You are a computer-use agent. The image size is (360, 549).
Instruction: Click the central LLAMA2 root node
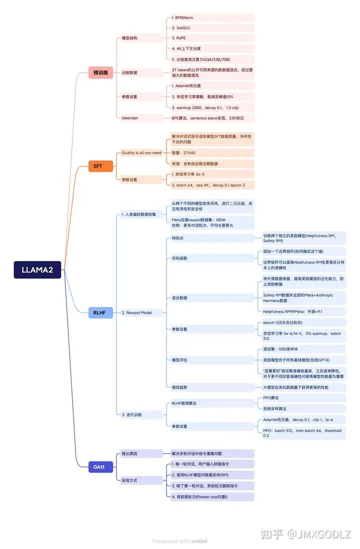[x=37, y=270]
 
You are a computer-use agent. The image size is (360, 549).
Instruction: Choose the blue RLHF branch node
[x=100, y=312]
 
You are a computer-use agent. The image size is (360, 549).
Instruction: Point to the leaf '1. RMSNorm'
[x=182, y=17]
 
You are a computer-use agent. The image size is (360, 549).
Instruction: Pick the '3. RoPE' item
[x=179, y=38]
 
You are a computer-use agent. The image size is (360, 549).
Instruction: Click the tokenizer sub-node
[x=130, y=118]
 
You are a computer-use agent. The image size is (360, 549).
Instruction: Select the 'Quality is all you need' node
[x=141, y=152]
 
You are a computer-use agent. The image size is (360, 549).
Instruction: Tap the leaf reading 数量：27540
[x=183, y=152]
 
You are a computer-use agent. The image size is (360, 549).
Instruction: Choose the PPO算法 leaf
[x=271, y=398]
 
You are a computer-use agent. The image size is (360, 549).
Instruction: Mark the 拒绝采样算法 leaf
[x=274, y=408]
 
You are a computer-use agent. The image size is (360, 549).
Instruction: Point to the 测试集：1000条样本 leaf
[x=280, y=349]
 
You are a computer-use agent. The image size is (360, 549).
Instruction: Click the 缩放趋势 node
[x=179, y=387]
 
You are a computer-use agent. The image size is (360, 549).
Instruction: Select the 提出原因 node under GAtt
[x=129, y=453]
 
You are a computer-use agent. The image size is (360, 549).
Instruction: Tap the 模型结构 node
[x=129, y=38]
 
